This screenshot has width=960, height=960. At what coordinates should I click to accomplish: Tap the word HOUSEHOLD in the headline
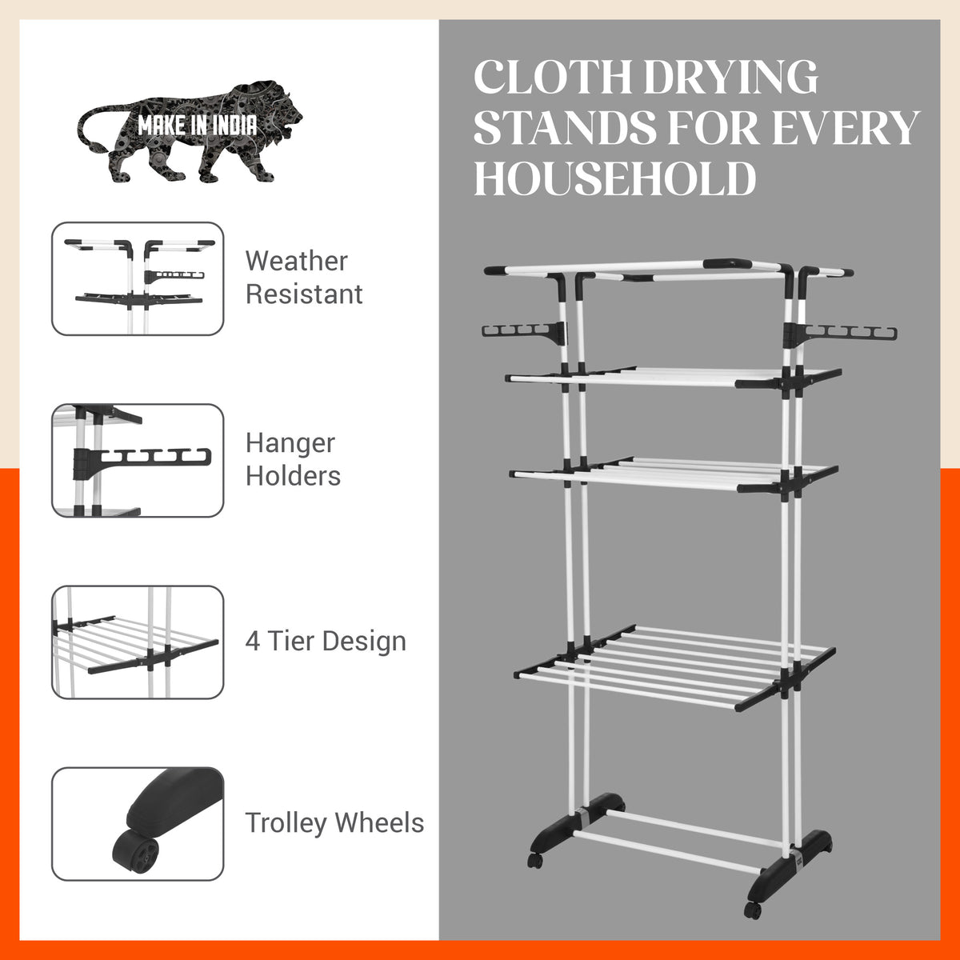pyautogui.click(x=614, y=178)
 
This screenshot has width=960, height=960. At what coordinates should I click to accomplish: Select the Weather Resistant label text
pyautogui.click(x=304, y=278)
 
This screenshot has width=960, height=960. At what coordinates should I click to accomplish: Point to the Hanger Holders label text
pyautogui.click(x=293, y=459)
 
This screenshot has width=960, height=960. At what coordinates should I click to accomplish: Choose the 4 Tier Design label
pyautogui.click(x=326, y=641)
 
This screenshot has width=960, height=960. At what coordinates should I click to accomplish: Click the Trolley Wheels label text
pyautogui.click(x=334, y=822)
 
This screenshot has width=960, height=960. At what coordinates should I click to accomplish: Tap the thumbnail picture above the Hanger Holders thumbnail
pyautogui.click(x=138, y=278)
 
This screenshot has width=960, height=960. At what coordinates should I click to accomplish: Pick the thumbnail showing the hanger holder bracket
pyautogui.click(x=138, y=460)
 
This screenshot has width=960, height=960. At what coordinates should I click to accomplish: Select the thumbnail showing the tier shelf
pyautogui.click(x=138, y=642)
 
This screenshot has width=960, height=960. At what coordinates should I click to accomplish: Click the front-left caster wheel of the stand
pyautogui.click(x=535, y=862)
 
